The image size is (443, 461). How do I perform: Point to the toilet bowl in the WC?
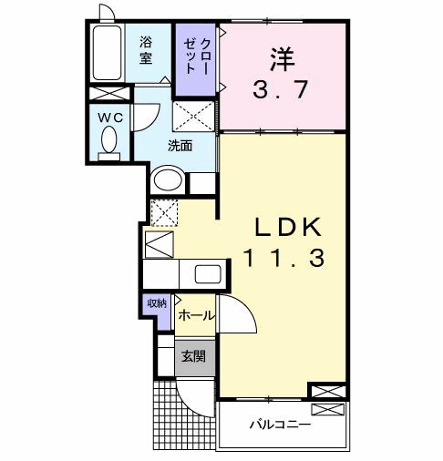coord(110,140)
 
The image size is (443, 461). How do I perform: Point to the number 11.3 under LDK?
coord(283,259)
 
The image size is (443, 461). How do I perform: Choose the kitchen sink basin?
coord(205,274)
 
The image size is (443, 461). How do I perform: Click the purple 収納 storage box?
coord(155,304)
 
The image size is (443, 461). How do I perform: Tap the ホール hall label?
coord(195,316)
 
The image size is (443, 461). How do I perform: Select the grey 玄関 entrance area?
coord(191,357)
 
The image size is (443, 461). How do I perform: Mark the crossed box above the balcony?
coord(327,391)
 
